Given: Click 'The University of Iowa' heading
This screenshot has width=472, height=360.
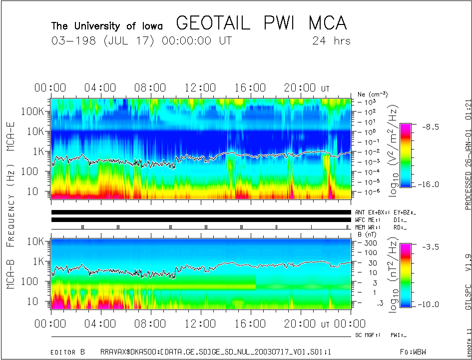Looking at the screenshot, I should click(107, 25).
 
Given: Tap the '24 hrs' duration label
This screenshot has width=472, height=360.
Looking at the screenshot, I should click(331, 41).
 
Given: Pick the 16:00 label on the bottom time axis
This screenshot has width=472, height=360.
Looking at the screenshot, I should click(250, 323).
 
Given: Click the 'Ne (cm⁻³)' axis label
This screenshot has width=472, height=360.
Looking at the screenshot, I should click(372, 94).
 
